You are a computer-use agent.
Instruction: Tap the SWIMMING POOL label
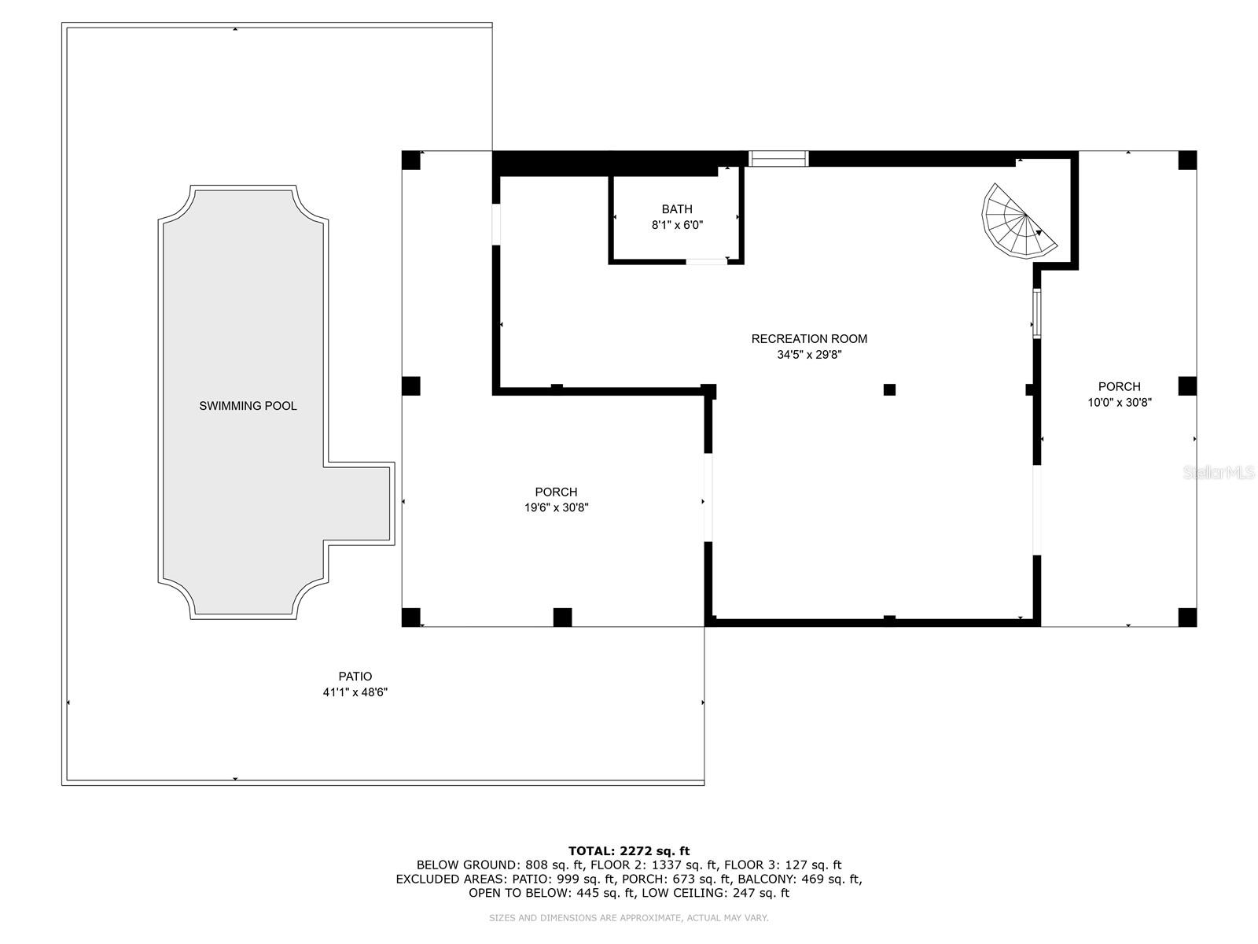coord(248,406)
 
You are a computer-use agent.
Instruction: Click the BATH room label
coord(677,209)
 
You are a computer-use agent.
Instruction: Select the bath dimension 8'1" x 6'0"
coord(677,225)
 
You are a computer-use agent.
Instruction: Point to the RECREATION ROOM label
coord(809,339)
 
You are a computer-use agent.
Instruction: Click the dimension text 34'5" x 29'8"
coord(809,355)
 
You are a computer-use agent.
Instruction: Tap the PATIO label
coord(355,677)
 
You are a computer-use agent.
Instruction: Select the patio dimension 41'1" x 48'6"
coord(355,692)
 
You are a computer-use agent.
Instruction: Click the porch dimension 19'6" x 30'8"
coord(557,508)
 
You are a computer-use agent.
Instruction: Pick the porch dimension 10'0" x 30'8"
coord(1120,402)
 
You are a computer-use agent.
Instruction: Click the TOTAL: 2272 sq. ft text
coord(629,850)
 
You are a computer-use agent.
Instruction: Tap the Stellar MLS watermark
coord(1219,473)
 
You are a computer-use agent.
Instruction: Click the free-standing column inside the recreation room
coord(889,389)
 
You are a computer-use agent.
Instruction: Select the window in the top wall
coord(778,159)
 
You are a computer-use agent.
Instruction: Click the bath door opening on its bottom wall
coord(706,261)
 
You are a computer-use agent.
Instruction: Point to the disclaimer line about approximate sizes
coord(629,917)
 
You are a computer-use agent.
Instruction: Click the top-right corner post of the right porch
coord(1187,160)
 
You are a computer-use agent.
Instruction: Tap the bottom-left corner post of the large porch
coord(411,618)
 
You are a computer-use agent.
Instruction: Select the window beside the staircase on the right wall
coord(1037,314)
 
